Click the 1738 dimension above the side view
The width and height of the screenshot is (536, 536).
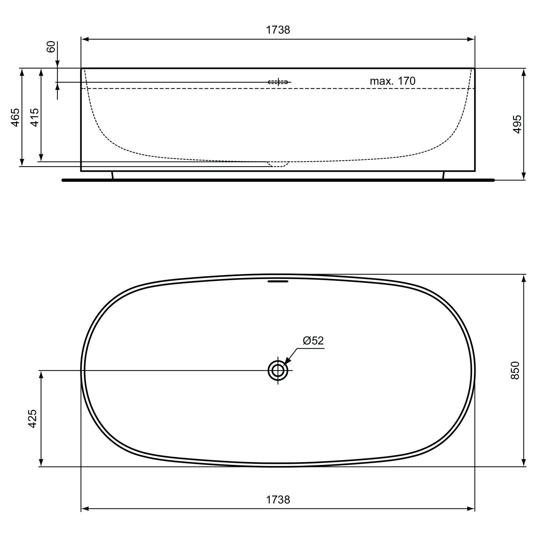click(278, 30)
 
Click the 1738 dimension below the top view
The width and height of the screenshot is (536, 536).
click(278, 499)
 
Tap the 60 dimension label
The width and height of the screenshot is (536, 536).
click(51, 47)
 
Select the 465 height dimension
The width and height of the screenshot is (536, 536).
click(15, 117)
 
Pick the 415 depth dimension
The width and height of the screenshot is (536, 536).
click(34, 117)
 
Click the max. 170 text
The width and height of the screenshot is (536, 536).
click(392, 81)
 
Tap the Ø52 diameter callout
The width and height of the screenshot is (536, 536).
click(313, 341)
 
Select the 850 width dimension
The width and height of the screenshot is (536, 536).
click(515, 371)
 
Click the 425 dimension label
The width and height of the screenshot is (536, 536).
click(33, 419)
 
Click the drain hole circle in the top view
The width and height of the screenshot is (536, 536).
click(278, 371)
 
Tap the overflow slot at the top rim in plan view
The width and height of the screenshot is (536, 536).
click(278, 281)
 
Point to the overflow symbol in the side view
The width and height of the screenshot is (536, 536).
click(278, 82)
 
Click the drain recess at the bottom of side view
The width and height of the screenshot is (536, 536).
click(278, 164)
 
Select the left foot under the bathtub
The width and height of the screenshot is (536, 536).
click(113, 175)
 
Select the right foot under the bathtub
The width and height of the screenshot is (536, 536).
click(443, 175)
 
